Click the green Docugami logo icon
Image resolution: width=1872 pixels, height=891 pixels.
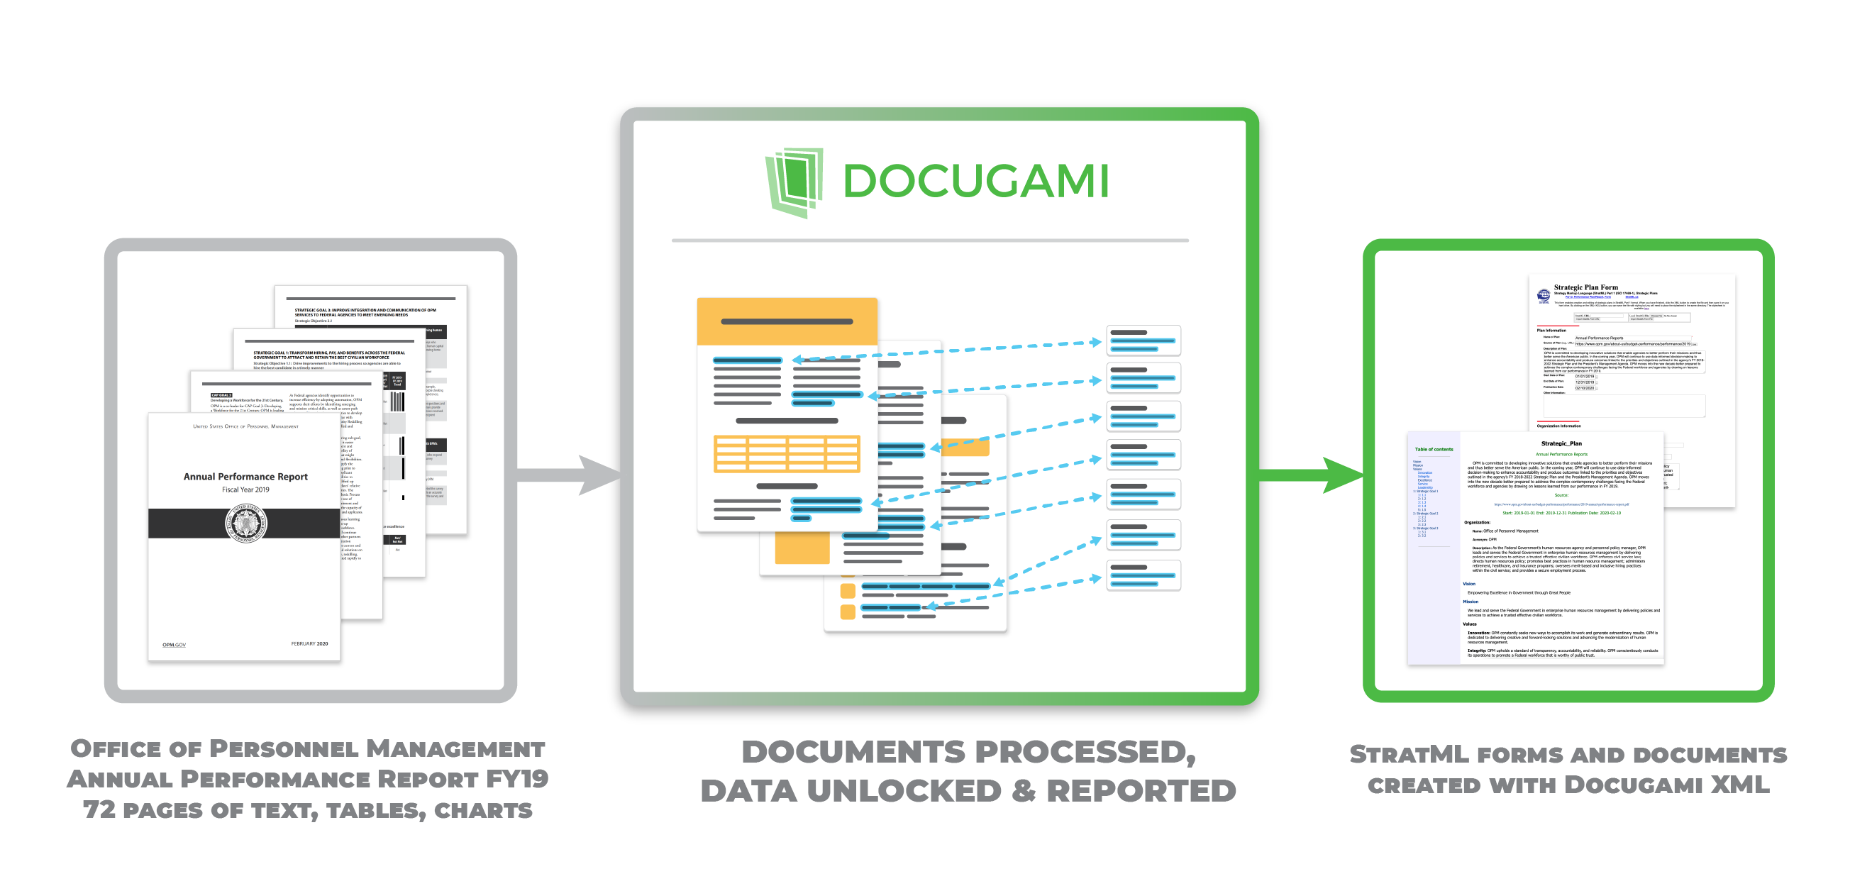(794, 182)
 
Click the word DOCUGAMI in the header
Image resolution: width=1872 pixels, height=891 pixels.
(975, 181)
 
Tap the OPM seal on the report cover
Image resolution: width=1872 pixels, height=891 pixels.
(245, 524)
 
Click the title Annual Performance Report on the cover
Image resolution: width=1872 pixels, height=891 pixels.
(245, 477)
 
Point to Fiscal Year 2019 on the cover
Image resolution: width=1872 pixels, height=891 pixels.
(245, 489)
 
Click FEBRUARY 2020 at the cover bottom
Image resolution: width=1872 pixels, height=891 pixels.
(309, 643)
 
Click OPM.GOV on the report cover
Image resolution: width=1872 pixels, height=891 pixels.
(174, 645)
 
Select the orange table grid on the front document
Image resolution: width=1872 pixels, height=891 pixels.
(787, 453)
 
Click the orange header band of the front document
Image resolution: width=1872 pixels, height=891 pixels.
(787, 321)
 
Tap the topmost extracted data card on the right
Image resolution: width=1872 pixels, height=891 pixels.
(1143, 340)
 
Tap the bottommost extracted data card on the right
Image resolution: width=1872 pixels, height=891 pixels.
(1143, 575)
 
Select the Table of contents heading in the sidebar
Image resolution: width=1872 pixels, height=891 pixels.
(1433, 449)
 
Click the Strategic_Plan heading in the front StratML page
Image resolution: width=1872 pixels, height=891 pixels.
(1561, 443)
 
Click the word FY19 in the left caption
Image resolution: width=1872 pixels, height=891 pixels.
(516, 779)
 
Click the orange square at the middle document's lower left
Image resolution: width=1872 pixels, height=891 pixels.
(802, 547)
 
